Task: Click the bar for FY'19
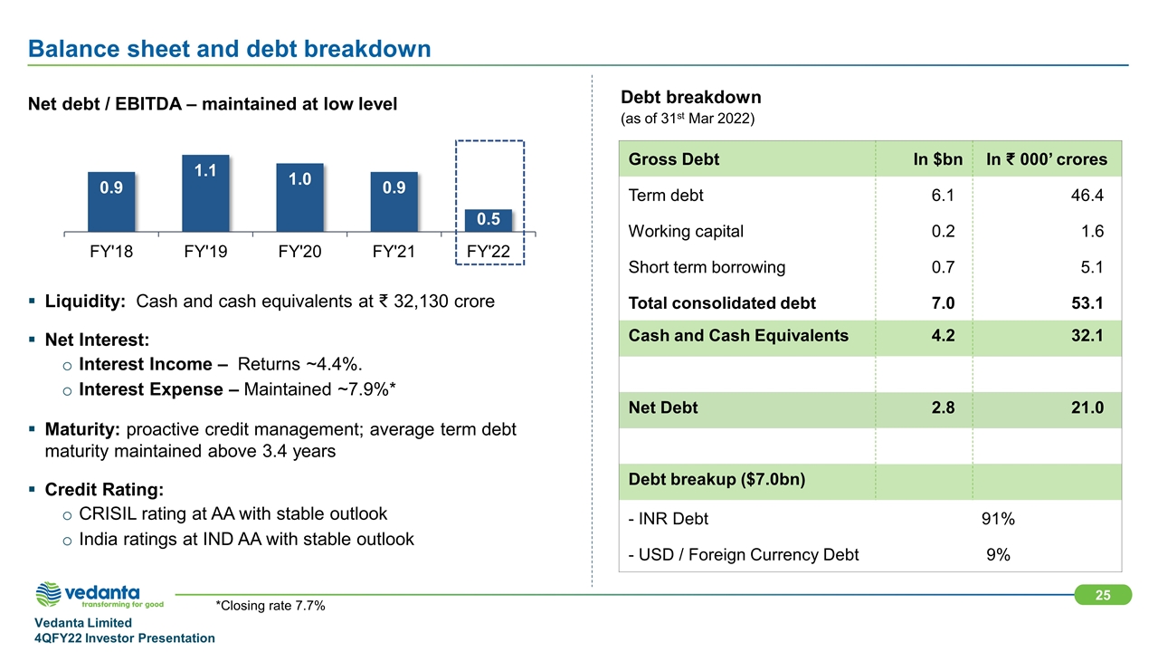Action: (205, 192)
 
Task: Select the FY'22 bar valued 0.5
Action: (489, 220)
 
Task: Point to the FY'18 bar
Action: (111, 201)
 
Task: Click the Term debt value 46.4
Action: (1086, 196)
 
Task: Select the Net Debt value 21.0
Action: (1086, 407)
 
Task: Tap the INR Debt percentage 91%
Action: (998, 519)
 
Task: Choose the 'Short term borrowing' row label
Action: (707, 267)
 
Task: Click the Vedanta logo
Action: (99, 596)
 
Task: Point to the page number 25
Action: (1102, 595)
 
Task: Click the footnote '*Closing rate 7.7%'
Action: (271, 606)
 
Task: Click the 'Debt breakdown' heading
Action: (690, 97)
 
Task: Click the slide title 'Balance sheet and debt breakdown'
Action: (229, 48)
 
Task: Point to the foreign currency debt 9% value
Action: (998, 554)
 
